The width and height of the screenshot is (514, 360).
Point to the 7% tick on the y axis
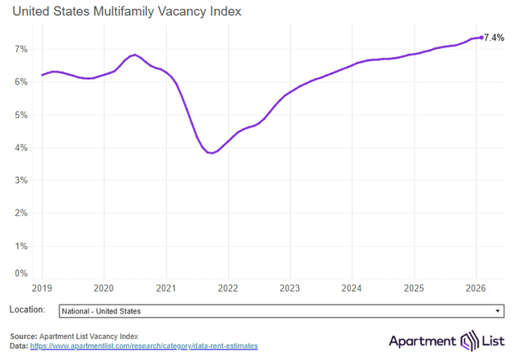(x=22, y=49)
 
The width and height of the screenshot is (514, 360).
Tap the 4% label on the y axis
(x=22, y=148)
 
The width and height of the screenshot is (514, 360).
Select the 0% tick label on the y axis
(x=22, y=274)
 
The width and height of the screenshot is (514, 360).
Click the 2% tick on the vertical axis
(x=22, y=213)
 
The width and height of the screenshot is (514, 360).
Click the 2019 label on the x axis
(x=42, y=288)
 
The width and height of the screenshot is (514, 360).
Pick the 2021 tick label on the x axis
(x=165, y=288)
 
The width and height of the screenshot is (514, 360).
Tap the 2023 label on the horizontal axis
(x=290, y=288)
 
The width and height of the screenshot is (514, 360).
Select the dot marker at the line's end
(x=481, y=37)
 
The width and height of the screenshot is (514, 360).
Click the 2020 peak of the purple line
(x=135, y=55)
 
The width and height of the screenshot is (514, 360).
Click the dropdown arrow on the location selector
(x=498, y=310)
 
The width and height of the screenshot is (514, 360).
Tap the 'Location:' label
(x=27, y=310)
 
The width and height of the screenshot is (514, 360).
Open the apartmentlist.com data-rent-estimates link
(x=144, y=346)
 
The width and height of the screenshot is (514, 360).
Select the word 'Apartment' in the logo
(x=422, y=341)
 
